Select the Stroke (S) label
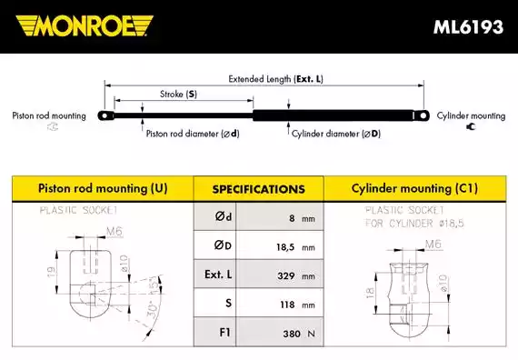(179, 94)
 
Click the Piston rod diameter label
(193, 134)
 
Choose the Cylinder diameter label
(335, 134)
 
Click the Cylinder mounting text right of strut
(471, 116)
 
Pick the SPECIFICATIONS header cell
(258, 190)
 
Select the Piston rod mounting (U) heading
(103, 189)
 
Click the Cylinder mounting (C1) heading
(413, 189)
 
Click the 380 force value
(290, 334)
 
